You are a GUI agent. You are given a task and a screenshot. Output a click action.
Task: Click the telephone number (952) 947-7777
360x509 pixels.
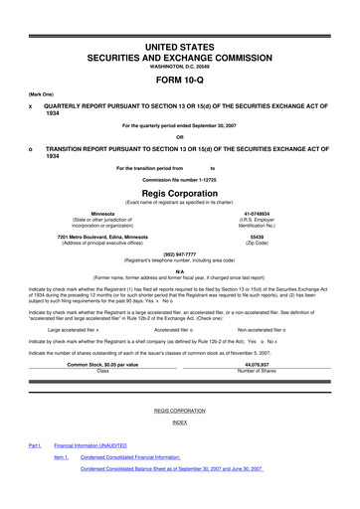(179, 254)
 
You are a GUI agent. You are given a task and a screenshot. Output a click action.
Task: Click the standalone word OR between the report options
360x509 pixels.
(179, 137)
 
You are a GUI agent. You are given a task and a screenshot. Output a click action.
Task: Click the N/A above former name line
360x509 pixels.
(179, 269)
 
